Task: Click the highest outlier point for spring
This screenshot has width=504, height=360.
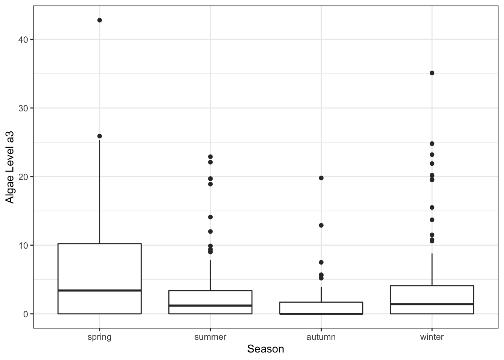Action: point(99,20)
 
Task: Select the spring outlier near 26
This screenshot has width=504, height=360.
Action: point(99,136)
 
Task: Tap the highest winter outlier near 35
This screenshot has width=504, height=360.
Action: point(432,73)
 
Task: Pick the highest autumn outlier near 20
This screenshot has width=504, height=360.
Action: point(321,178)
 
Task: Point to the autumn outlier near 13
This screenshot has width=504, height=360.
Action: point(321,225)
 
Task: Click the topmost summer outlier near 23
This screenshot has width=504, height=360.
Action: point(210,157)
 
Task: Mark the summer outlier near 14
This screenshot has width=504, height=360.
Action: point(210,217)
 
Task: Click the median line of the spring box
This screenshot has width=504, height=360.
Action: point(99,290)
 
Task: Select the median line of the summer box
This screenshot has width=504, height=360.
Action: point(210,306)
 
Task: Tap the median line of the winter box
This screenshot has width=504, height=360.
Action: point(432,304)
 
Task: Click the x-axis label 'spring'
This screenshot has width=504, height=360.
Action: point(99,337)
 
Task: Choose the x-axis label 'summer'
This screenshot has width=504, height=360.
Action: point(210,337)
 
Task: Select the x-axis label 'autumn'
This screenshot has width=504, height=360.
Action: point(321,337)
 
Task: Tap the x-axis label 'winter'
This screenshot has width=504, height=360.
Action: point(432,337)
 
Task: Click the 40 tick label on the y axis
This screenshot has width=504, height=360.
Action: point(23,40)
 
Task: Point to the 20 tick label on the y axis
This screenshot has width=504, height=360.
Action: point(23,177)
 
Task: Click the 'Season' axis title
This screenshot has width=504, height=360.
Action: point(265,349)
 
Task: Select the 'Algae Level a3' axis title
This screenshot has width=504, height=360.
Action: point(10,167)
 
